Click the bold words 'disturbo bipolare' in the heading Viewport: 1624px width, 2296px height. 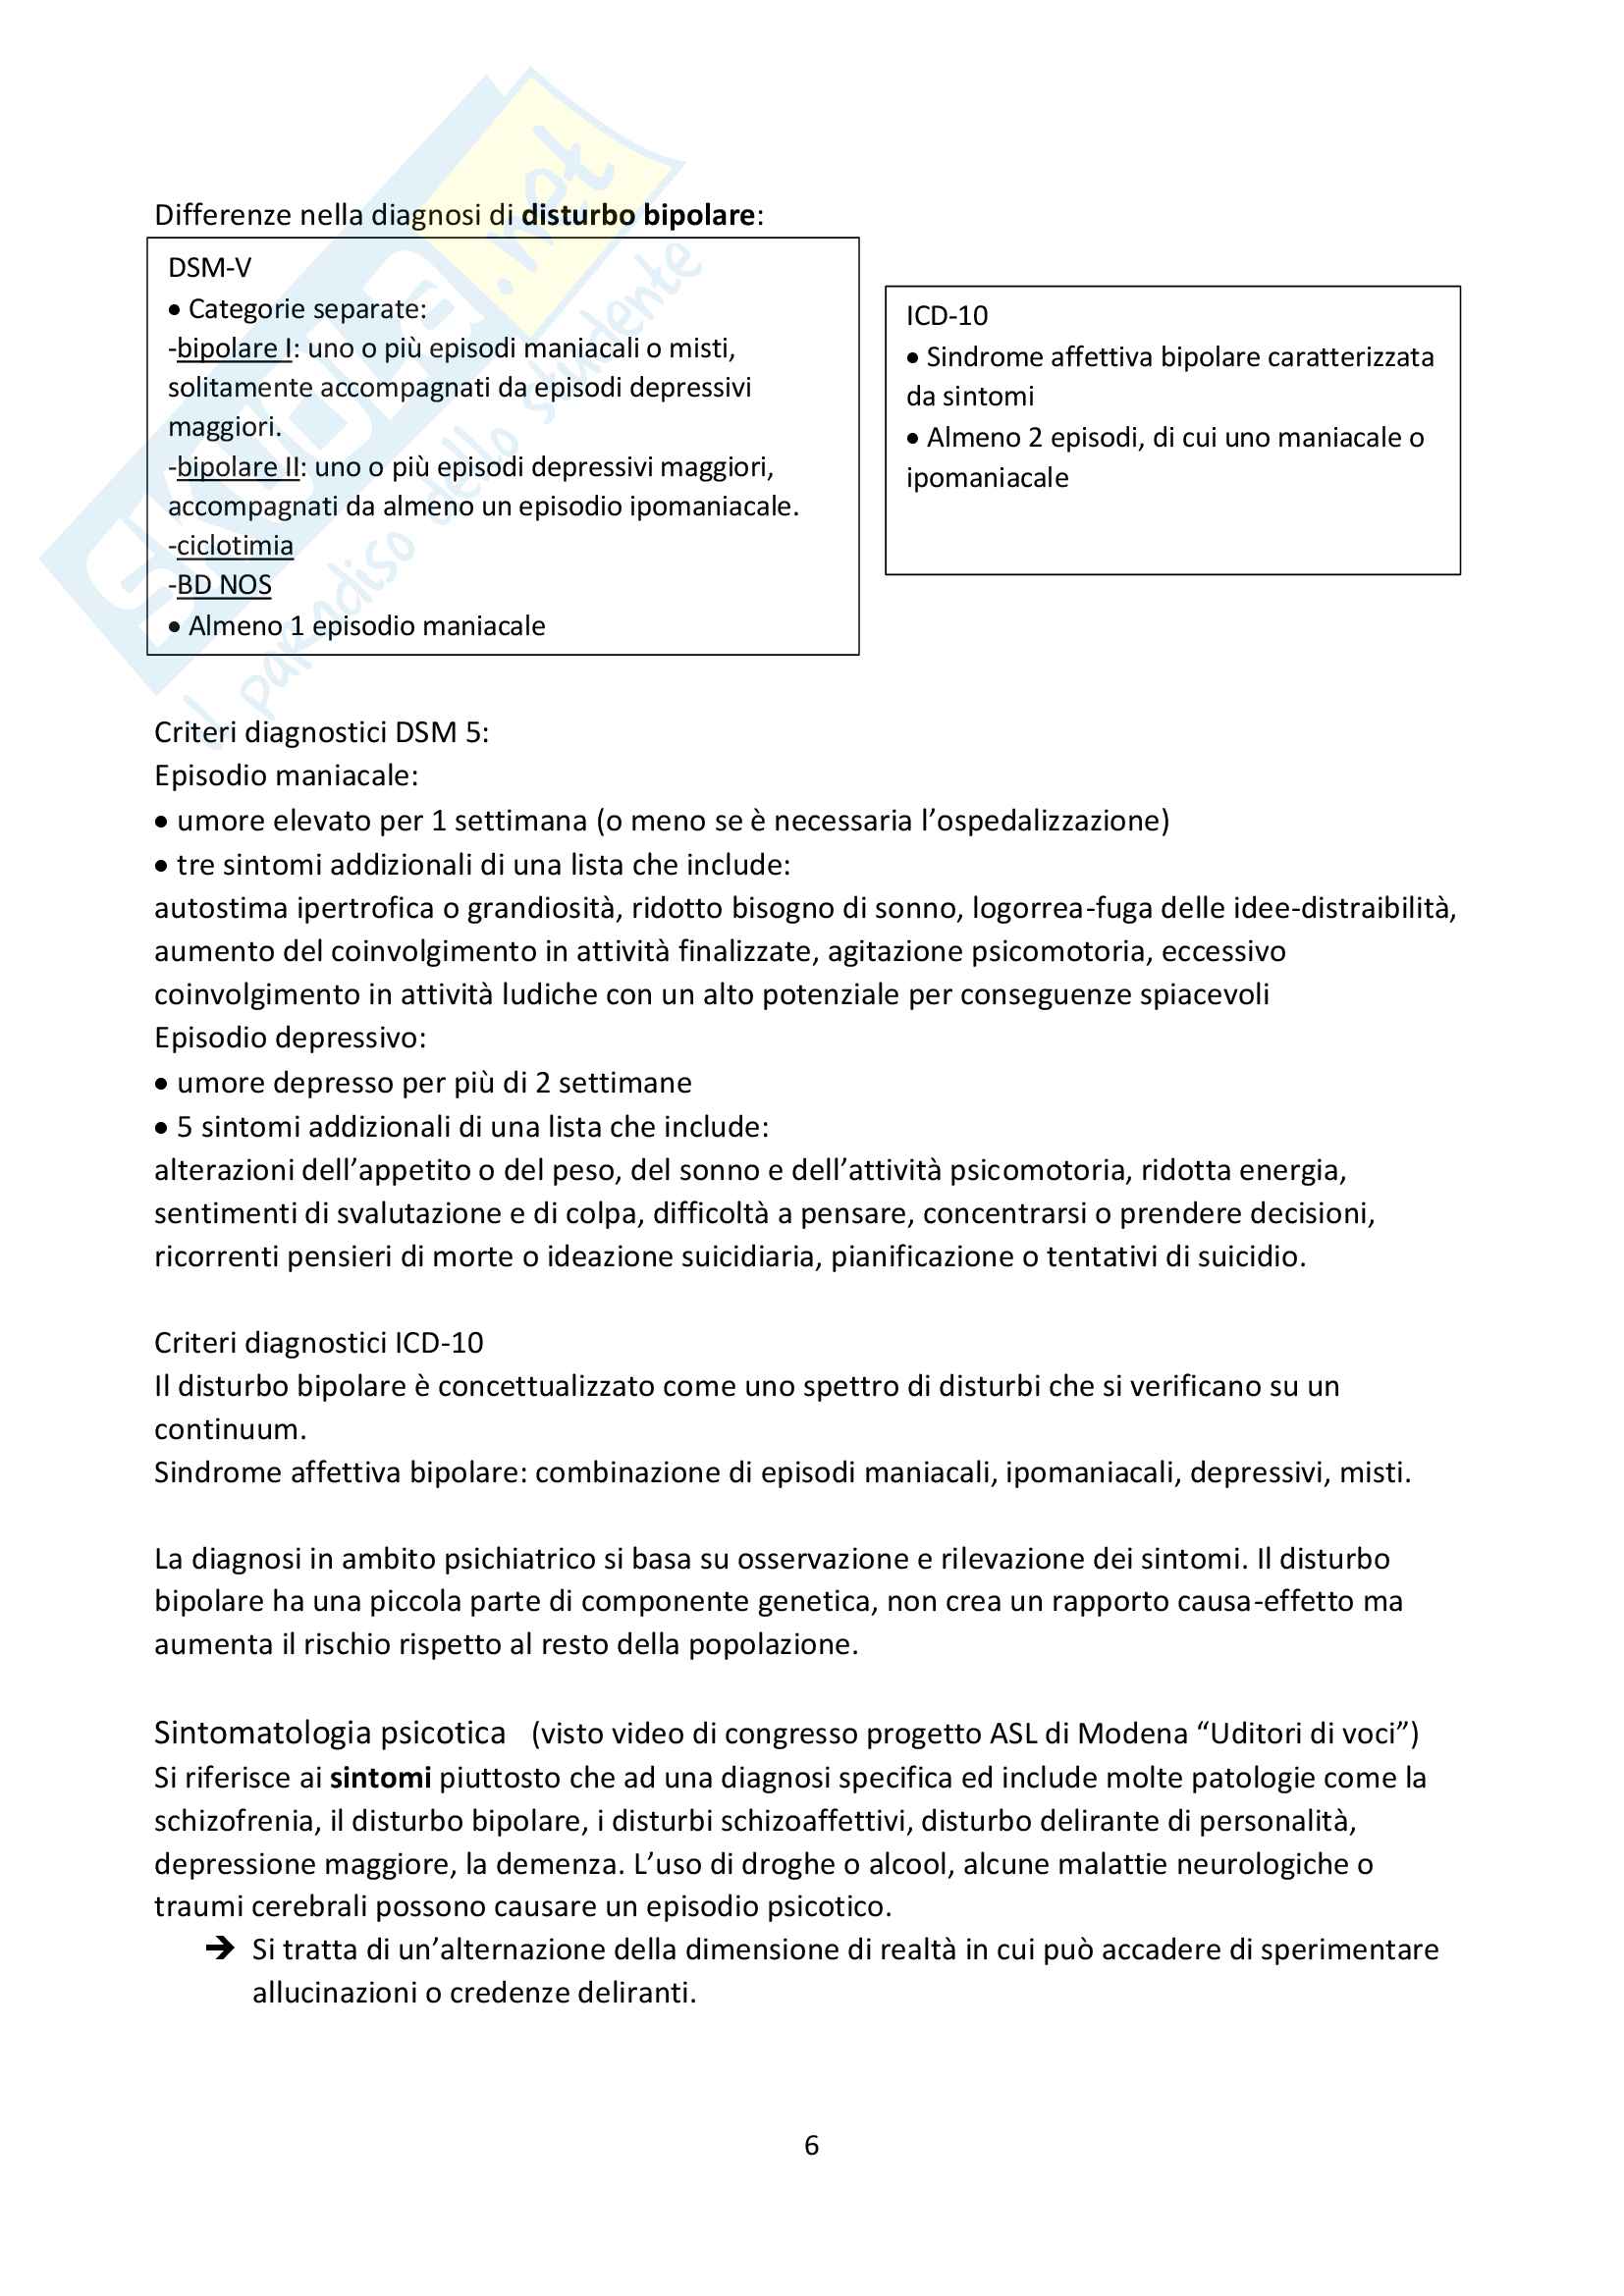[638, 215]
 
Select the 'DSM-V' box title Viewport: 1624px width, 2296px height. [209, 268]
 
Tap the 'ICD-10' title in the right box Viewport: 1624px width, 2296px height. [946, 316]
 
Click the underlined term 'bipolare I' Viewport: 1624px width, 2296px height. [234, 348]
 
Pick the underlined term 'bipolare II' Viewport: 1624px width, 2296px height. [238, 467]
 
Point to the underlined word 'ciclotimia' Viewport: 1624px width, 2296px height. [235, 546]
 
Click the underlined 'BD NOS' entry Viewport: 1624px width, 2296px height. [224, 585]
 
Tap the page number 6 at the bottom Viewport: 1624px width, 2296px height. [811, 2144]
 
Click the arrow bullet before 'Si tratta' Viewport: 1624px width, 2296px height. [219, 1948]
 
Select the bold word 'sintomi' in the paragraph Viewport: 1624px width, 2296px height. [380, 1777]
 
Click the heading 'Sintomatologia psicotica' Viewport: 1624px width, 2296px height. [330, 1732]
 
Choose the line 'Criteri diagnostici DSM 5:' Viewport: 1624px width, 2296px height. [321, 733]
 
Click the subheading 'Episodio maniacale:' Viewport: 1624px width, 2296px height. [286, 776]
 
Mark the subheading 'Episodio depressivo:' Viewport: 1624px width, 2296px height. [290, 1038]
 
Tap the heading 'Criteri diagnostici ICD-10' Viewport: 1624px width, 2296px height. [318, 1343]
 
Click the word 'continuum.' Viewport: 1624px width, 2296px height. [230, 1429]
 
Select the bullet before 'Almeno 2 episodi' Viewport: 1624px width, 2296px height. [913, 438]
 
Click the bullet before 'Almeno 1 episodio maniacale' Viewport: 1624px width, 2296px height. [175, 627]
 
